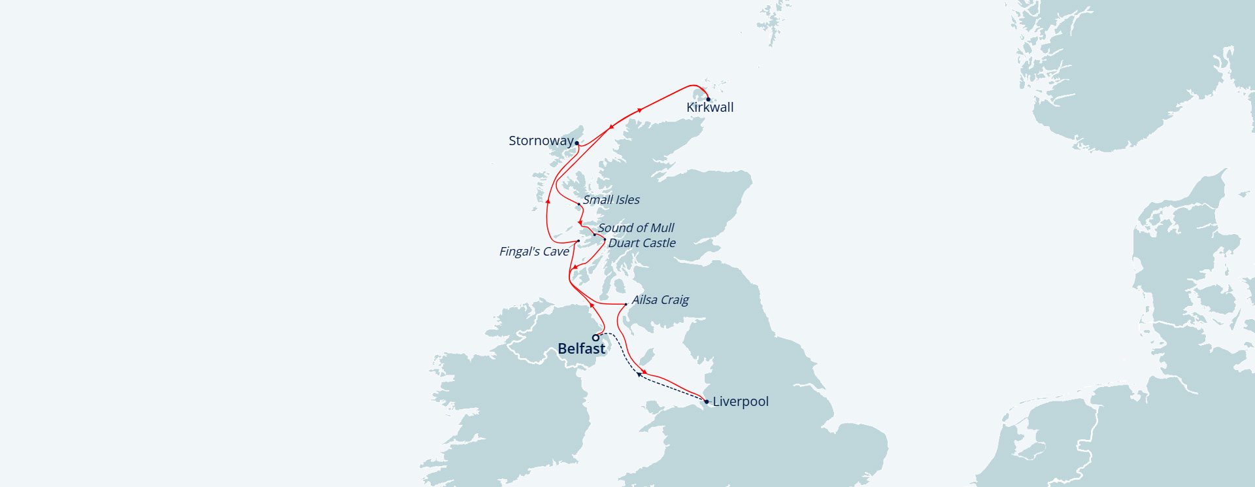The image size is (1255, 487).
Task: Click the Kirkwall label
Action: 710,108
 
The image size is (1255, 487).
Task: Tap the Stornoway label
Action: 541,141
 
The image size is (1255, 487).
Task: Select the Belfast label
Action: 581,349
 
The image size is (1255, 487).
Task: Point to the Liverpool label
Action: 741,402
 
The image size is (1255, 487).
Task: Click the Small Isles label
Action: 611,200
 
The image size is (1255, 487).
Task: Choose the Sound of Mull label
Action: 636,228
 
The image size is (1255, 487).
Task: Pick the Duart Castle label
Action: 642,243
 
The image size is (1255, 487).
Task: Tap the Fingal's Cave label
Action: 534,252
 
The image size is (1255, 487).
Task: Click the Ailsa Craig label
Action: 660,300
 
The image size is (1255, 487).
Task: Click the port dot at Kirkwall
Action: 708,99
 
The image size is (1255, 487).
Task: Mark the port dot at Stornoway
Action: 577,143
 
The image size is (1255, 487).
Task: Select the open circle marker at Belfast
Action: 595,338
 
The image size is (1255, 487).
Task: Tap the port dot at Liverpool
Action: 707,401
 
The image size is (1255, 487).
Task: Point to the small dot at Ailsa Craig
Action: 626,304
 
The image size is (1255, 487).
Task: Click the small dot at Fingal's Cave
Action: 578,241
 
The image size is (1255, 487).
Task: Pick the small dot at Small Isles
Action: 578,205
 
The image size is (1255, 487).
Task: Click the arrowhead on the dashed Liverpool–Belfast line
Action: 639,375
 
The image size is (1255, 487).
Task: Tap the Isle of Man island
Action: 646,357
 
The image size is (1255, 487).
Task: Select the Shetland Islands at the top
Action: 776,23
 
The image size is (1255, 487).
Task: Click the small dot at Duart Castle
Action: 605,240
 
